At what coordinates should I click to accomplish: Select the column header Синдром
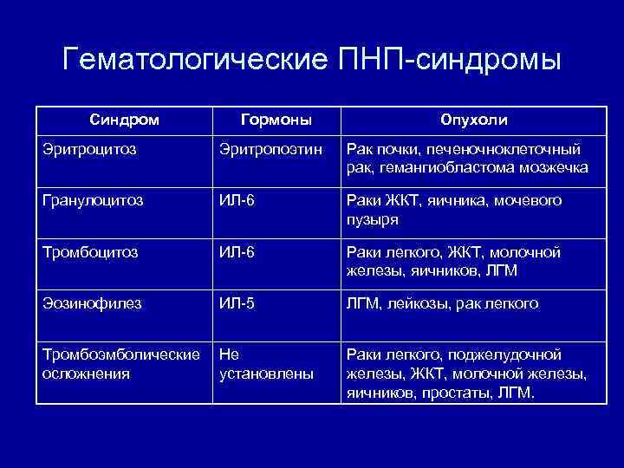point(125,119)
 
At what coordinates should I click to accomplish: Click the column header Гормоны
point(276,119)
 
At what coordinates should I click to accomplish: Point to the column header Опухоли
point(474,119)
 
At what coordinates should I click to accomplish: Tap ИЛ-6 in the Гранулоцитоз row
point(237,200)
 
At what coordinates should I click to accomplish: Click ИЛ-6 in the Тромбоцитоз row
point(237,252)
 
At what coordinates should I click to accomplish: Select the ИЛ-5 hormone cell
point(237,303)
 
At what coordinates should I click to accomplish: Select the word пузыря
point(373,219)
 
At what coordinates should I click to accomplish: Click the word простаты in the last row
point(457,393)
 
